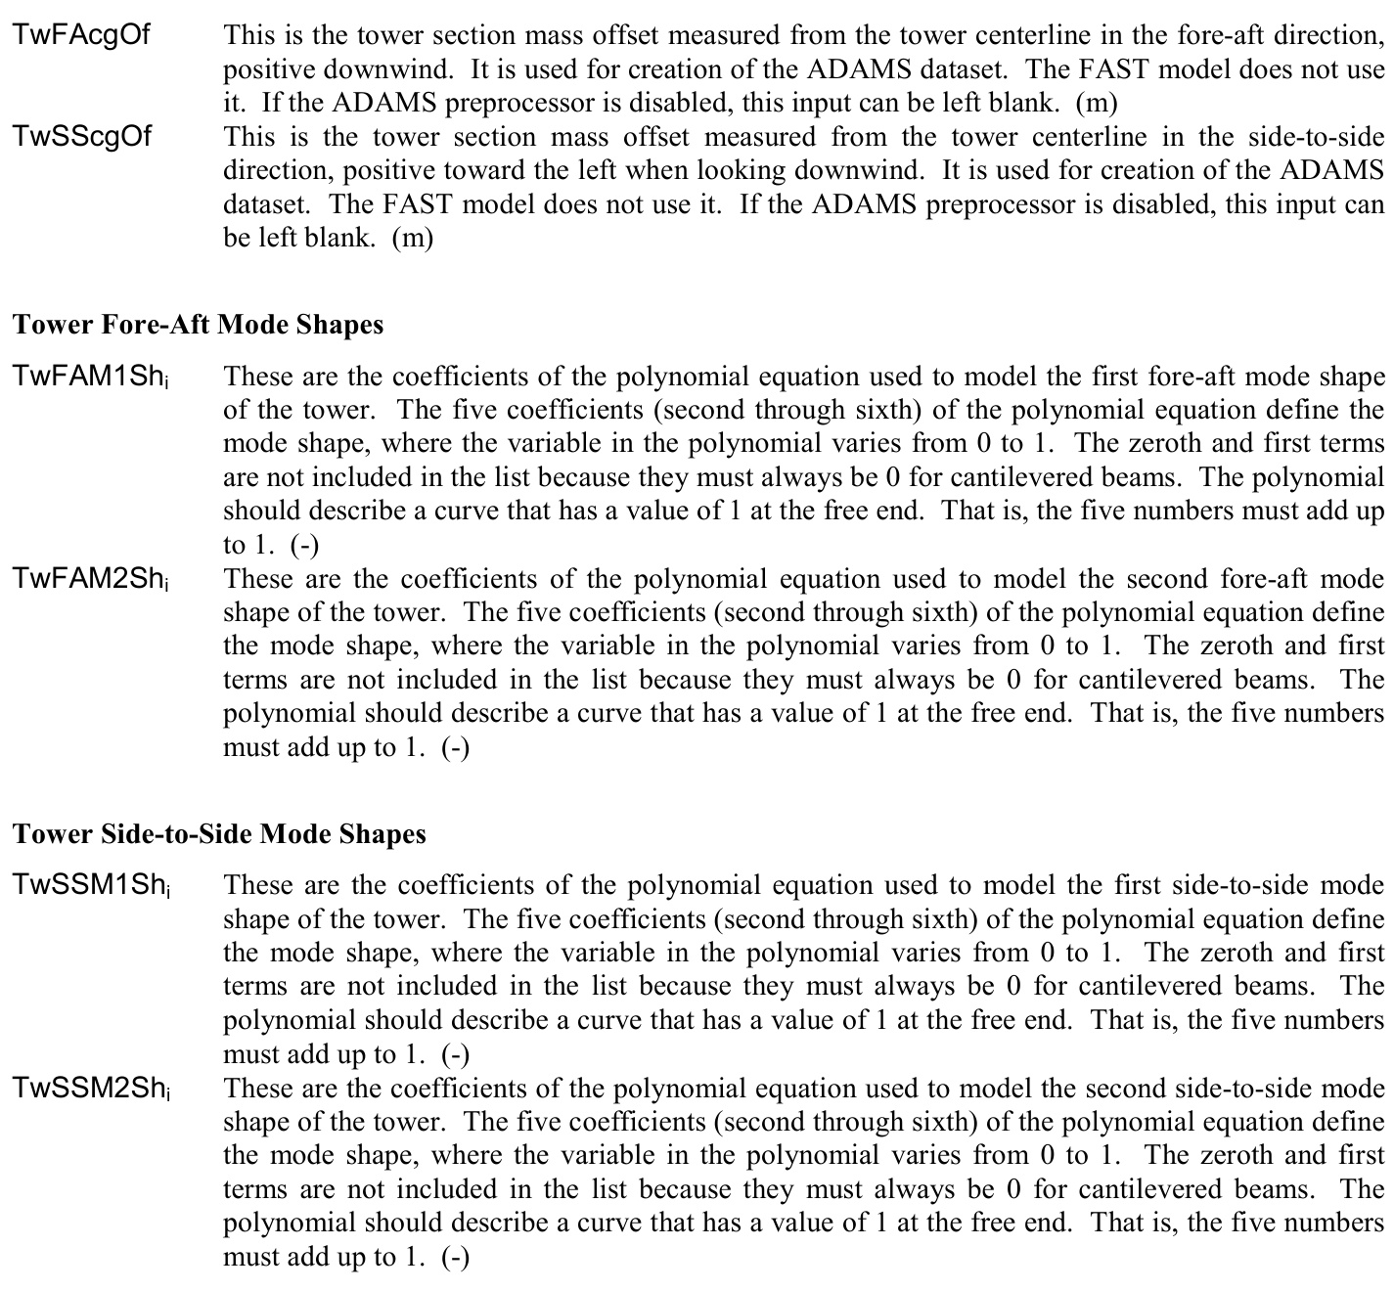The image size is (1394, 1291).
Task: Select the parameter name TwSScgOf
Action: [82, 136]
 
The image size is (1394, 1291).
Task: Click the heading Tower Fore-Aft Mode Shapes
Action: [199, 325]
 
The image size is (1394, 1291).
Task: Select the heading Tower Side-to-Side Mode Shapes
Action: [220, 833]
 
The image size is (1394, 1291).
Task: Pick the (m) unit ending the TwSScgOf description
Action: [413, 238]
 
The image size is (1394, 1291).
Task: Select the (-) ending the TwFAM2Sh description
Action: [455, 748]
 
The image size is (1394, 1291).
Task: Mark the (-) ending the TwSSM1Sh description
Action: [455, 1054]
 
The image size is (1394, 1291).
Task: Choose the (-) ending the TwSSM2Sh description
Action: [455, 1257]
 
